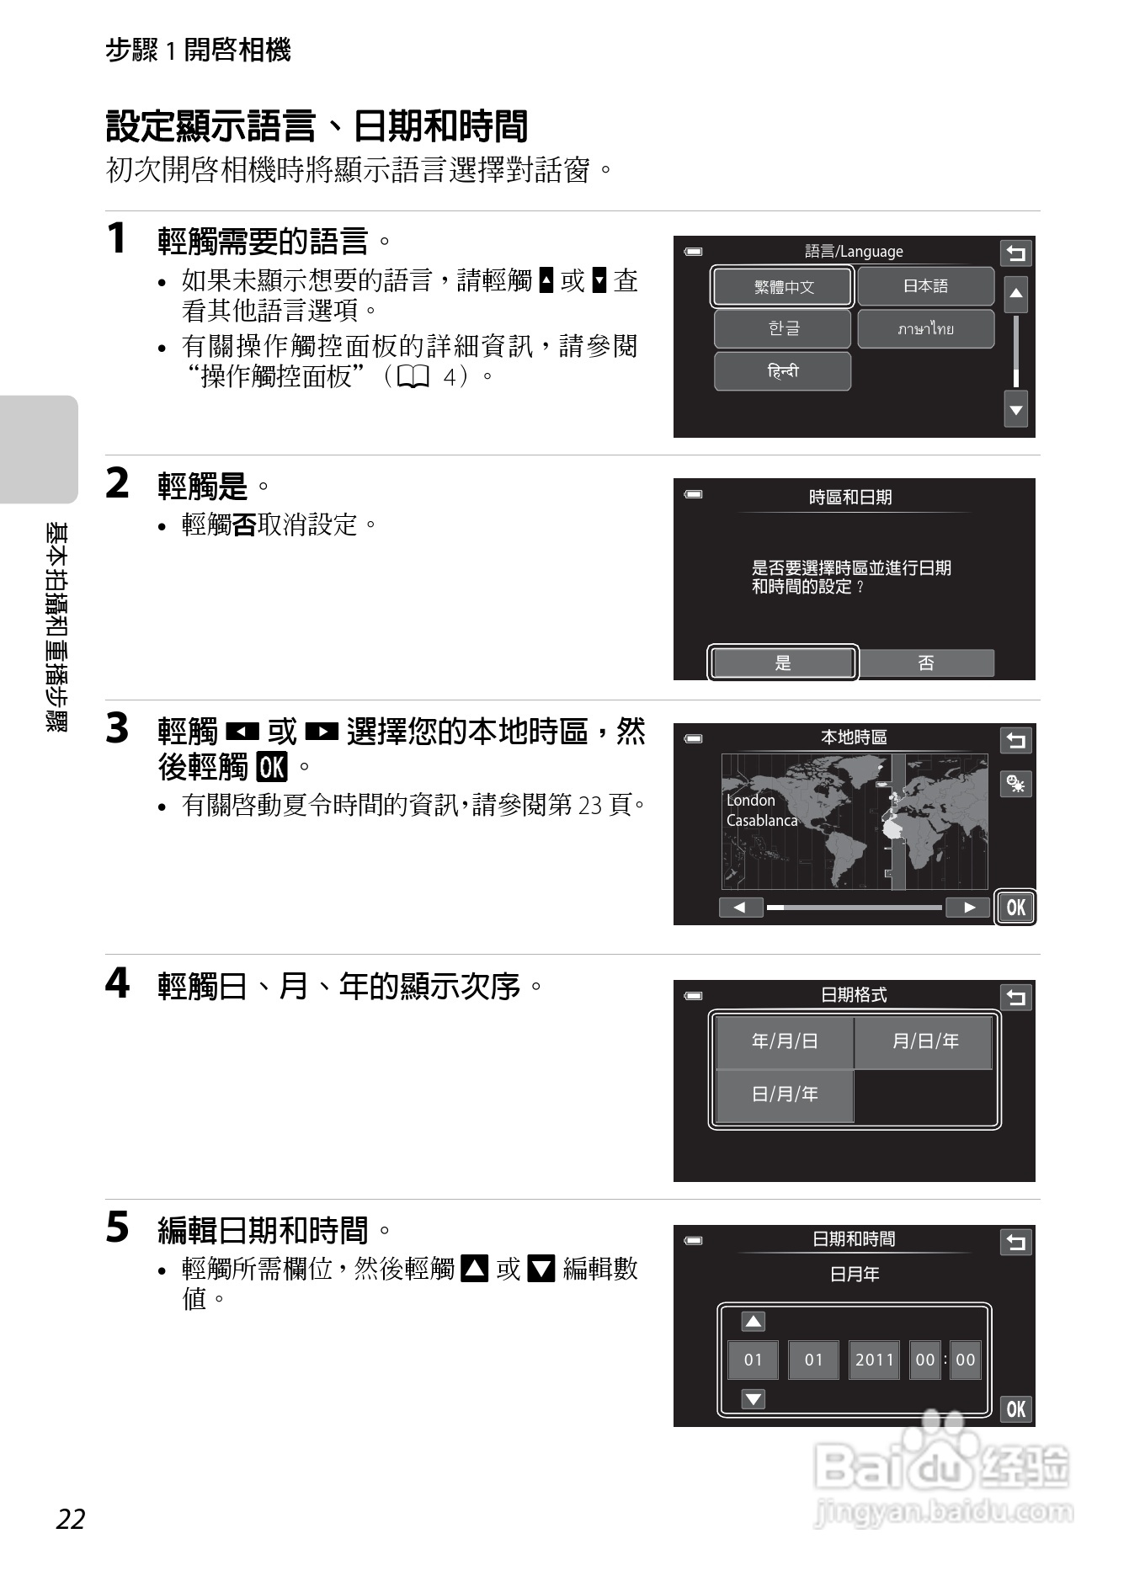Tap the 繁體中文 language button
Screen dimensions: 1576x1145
pos(783,287)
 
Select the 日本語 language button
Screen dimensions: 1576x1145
pos(925,286)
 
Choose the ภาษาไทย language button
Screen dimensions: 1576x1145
pos(925,329)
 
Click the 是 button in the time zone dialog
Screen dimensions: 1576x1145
pos(783,663)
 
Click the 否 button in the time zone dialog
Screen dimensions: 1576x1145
pos(926,663)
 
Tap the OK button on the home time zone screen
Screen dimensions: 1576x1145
pos(1015,907)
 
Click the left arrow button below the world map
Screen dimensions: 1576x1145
pos(740,907)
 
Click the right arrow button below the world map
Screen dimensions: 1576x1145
pos(968,907)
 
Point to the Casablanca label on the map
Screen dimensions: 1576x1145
pos(761,820)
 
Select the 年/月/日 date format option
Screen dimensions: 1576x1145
pos(784,1041)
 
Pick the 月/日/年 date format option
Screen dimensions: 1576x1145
pos(924,1041)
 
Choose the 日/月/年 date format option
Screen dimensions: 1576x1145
pos(784,1094)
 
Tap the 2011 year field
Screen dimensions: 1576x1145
pos(874,1360)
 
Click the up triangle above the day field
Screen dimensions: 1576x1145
pos(753,1321)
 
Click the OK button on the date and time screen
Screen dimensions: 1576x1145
pos(1015,1408)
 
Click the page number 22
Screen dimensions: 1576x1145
pos(71,1519)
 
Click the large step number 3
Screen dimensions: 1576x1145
pos(117,728)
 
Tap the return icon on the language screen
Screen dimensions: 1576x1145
pos(1015,253)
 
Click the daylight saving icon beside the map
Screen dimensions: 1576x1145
pos(1015,784)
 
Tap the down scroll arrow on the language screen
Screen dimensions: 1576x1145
pos(1015,410)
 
